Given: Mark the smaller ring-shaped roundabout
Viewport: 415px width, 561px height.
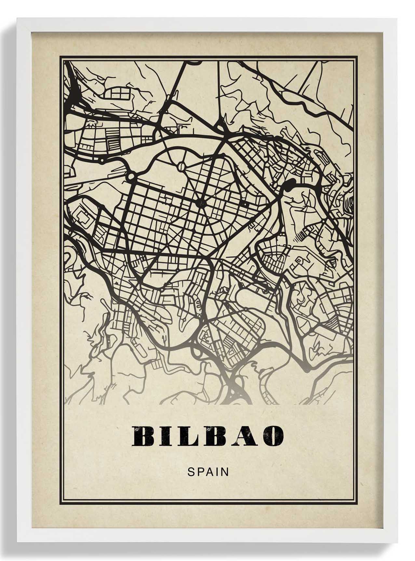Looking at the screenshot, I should (x=102, y=160).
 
